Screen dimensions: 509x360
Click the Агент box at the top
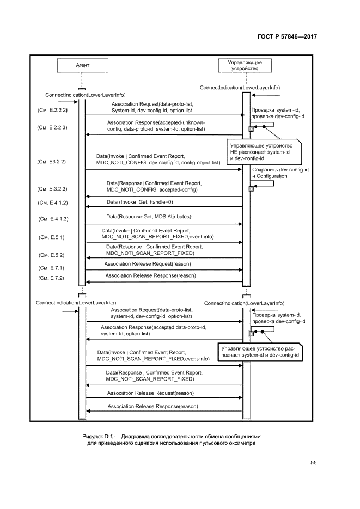click(80, 65)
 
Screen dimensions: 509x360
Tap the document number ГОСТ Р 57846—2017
click(287, 38)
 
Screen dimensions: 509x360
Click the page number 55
click(313, 463)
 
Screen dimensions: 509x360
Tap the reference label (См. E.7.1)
click(52, 268)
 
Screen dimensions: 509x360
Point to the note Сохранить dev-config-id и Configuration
click(280, 174)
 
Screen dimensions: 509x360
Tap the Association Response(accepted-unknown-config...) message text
click(156, 126)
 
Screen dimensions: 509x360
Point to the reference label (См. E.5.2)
click(52, 254)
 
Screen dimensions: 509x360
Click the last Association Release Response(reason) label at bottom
click(152, 407)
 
